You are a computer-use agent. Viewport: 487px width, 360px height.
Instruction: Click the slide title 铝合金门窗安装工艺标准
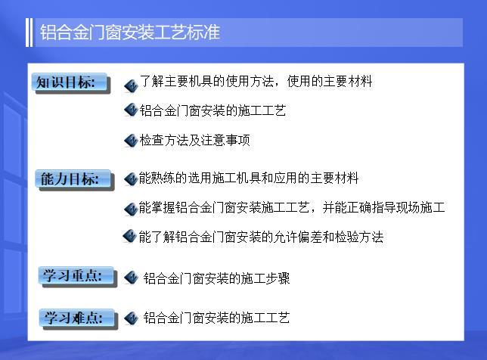[x=129, y=33]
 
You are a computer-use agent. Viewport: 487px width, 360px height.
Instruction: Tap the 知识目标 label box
[x=67, y=82]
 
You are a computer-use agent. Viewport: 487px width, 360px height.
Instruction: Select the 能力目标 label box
[x=69, y=179]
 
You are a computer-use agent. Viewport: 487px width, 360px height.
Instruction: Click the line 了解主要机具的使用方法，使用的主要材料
[x=256, y=82]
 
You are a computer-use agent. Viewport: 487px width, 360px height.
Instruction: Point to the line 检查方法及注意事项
[x=194, y=140]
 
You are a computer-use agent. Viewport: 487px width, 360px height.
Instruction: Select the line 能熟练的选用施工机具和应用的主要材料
[x=249, y=178]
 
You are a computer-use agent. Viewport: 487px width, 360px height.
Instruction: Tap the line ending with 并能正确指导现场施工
[x=292, y=207]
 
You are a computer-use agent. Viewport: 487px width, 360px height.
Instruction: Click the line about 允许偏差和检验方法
[x=261, y=237]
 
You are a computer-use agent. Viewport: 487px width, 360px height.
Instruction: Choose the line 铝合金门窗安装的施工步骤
[x=217, y=278]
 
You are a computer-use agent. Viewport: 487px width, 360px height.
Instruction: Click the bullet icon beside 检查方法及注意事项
[x=130, y=141]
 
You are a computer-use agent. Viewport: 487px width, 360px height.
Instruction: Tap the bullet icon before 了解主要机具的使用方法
[x=130, y=85]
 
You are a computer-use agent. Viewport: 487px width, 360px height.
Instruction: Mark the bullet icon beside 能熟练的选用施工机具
[x=130, y=179]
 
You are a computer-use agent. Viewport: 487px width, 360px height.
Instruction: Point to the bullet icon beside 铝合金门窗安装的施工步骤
[x=130, y=278]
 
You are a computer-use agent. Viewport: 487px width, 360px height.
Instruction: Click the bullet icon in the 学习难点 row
[x=130, y=318]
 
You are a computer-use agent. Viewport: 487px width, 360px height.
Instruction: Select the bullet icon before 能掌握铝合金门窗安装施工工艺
[x=130, y=208]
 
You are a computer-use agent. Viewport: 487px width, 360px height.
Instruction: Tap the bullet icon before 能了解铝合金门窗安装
[x=129, y=237]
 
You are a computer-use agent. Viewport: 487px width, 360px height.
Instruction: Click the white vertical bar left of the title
[x=29, y=33]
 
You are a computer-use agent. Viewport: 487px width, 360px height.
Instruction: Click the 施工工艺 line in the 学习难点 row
[x=217, y=318]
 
